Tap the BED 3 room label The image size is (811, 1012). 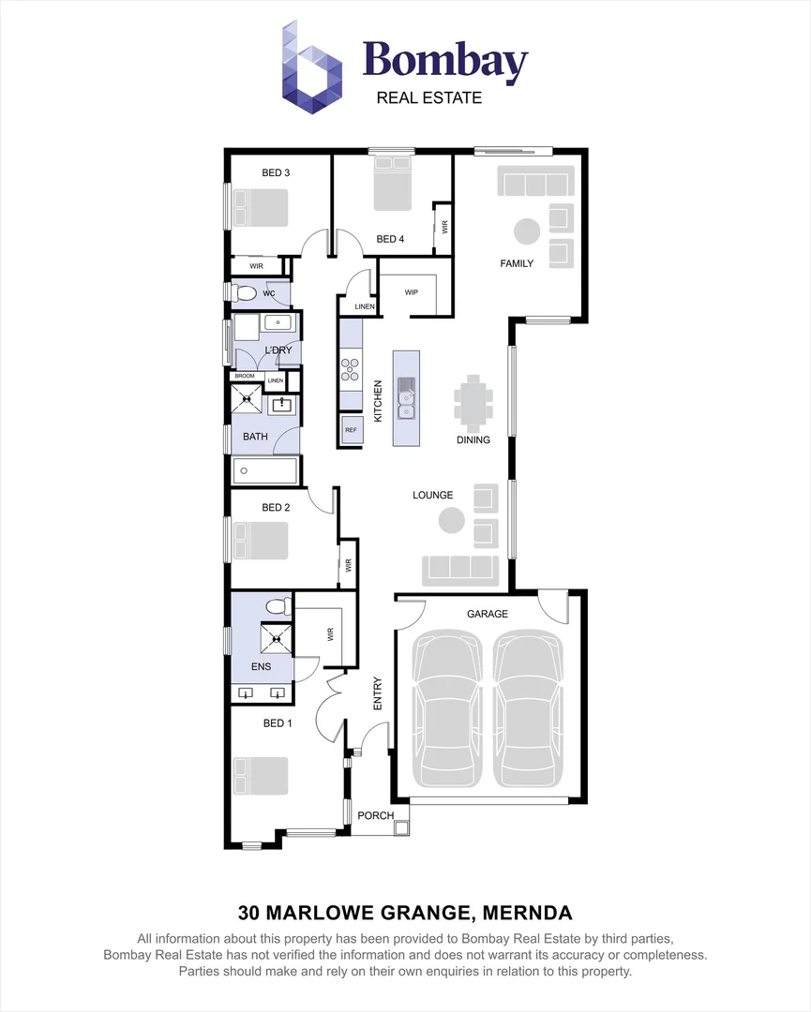tap(276, 172)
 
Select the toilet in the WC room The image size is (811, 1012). tap(247, 293)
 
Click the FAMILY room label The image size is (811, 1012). tap(516, 263)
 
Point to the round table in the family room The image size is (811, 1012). tap(526, 231)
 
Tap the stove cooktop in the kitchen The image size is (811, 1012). tap(351, 369)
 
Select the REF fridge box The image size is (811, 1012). tap(352, 430)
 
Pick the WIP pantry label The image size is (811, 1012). tap(411, 292)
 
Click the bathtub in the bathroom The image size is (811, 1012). tap(265, 470)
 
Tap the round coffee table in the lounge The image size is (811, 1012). tap(452, 521)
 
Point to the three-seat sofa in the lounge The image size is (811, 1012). tap(460, 568)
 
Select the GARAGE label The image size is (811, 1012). tap(488, 614)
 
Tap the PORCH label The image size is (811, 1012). tap(376, 815)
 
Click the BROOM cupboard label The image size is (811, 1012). tap(245, 376)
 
